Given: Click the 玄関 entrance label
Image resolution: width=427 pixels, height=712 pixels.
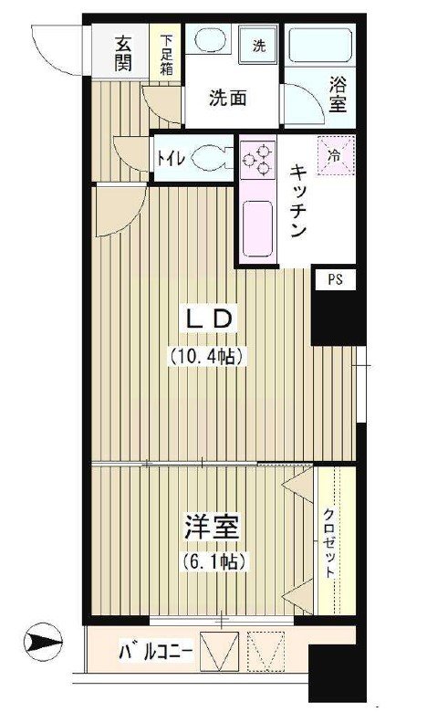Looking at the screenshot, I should click(124, 53).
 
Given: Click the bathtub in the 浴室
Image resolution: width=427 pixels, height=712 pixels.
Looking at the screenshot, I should click(319, 44).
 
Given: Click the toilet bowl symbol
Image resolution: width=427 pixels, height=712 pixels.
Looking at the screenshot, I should click(213, 156).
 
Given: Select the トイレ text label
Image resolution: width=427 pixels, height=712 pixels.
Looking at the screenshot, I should click(171, 157).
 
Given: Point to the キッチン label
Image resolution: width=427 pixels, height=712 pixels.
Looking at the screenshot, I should click(297, 202).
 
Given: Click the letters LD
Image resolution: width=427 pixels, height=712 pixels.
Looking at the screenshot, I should click(212, 319).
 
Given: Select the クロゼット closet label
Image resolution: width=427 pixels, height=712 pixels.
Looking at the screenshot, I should click(328, 542).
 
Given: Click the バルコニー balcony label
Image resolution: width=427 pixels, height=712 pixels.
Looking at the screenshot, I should click(156, 652).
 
